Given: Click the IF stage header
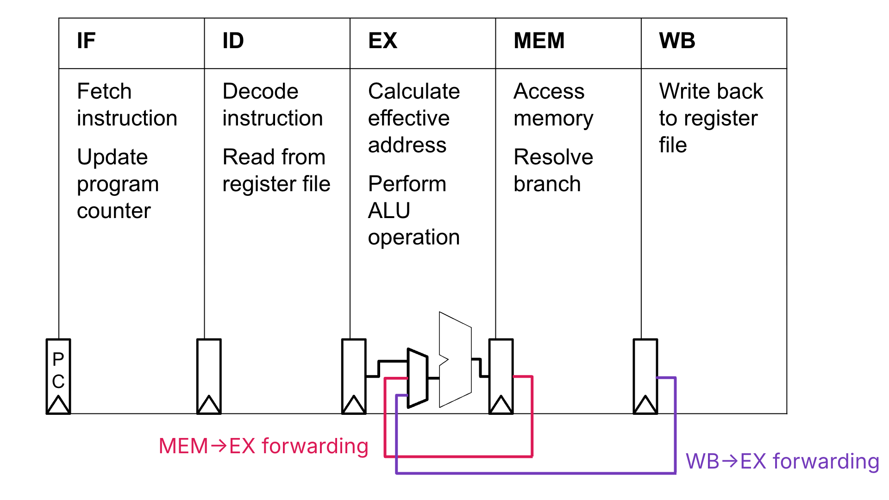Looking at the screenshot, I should click(86, 41).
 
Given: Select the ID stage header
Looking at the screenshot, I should click(233, 41).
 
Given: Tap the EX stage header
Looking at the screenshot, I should click(382, 41).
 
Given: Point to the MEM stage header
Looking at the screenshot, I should click(539, 41).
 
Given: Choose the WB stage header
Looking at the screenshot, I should click(677, 41).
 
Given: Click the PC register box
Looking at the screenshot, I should click(58, 370).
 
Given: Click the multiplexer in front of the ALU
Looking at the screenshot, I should click(417, 378).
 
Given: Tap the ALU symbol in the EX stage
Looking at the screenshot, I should click(456, 359).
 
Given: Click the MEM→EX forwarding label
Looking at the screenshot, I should click(263, 446).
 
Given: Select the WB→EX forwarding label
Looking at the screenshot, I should click(782, 462).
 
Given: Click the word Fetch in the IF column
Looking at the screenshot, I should click(104, 91).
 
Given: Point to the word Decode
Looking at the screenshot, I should click(260, 91).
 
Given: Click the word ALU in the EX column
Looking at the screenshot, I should click(389, 211).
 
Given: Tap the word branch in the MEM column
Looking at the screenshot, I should click(547, 184).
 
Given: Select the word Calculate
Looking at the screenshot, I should click(413, 91).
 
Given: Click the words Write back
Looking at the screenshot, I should click(711, 91).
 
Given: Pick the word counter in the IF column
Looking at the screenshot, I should click(113, 211).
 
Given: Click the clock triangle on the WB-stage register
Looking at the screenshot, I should click(645, 405).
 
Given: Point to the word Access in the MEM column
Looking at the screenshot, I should click(549, 91).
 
